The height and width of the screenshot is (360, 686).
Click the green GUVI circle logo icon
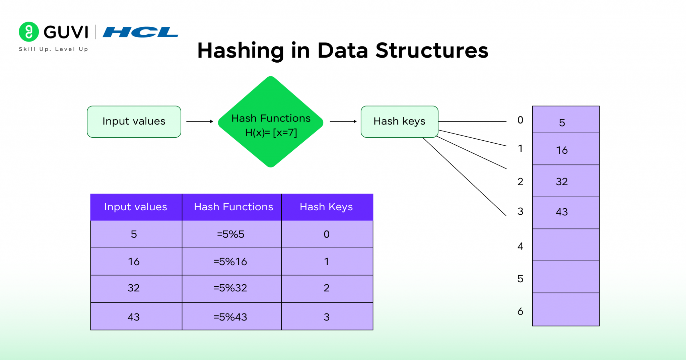29,32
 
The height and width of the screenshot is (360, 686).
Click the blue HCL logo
140,32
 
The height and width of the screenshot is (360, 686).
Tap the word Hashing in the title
241,51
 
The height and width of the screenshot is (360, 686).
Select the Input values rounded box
134,122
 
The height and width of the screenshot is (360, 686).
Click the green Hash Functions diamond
271,122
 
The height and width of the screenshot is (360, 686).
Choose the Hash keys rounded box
399,122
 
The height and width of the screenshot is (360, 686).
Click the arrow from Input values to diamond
200,122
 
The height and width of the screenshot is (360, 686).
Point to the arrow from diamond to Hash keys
343,122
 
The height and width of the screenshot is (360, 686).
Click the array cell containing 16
565,149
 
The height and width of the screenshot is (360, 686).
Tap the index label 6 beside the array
520,311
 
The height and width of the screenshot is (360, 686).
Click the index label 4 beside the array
520,246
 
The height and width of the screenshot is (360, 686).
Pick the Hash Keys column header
327,207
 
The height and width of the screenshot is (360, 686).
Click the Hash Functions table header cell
233,207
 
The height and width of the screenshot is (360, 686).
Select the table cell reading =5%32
231,288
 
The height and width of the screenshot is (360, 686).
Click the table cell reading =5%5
231,234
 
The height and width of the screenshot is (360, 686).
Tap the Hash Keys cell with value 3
327,317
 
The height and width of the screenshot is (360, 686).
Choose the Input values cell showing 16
134,262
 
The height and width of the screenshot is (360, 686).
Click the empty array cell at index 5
565,277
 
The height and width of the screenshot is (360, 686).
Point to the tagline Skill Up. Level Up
53,49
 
